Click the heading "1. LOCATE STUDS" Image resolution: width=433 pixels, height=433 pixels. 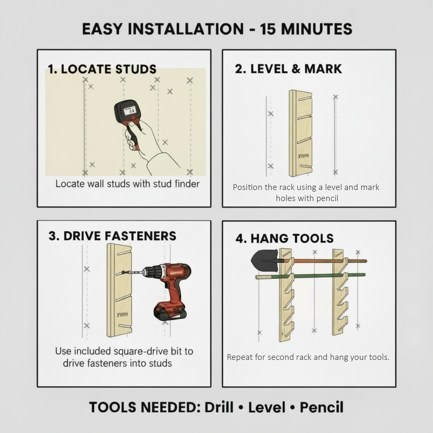point(102,69)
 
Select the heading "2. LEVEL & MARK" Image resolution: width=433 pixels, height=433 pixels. point(288,69)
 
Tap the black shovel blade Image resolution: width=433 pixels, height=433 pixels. point(264,260)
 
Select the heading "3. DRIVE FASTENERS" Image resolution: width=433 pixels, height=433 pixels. point(112,236)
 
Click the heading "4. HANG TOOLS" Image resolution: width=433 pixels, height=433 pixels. point(284,239)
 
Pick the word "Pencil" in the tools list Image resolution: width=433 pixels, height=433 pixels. point(322,407)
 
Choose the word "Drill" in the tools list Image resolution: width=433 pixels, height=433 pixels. point(219,407)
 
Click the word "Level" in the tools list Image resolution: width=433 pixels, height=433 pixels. point(267,407)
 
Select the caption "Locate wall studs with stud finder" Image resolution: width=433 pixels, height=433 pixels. point(127,184)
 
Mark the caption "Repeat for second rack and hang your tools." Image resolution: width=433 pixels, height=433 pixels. point(308,357)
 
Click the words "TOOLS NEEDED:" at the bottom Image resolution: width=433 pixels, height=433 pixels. point(145,407)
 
